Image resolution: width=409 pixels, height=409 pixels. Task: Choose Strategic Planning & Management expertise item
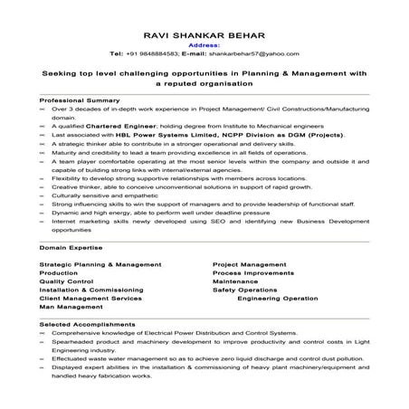click(100, 263)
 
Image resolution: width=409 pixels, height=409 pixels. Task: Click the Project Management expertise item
click(249, 263)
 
